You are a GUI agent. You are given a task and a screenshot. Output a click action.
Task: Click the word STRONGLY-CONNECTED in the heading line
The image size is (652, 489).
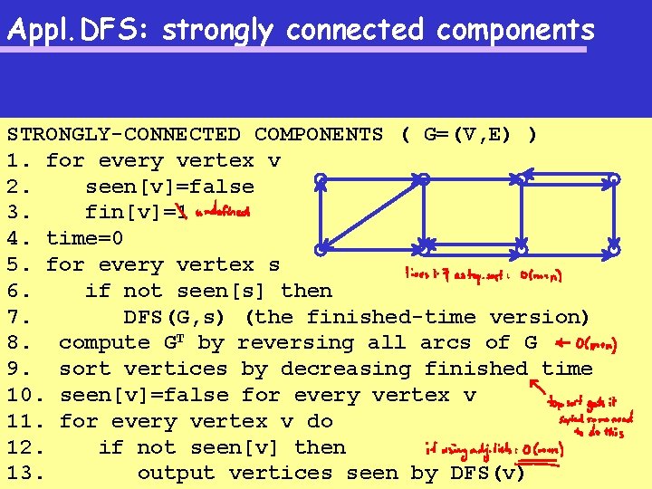(x=124, y=135)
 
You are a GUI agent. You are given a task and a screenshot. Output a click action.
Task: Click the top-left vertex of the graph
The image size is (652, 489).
(x=320, y=180)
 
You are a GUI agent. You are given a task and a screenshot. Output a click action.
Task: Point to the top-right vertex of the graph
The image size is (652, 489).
(x=614, y=180)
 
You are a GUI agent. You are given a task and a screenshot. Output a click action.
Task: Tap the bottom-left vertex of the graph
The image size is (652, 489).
(x=320, y=249)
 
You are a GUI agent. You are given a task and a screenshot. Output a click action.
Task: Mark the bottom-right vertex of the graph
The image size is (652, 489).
(x=614, y=249)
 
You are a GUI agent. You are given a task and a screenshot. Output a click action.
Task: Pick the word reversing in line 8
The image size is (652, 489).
(x=293, y=343)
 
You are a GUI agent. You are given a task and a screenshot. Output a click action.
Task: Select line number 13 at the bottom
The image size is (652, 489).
(x=23, y=474)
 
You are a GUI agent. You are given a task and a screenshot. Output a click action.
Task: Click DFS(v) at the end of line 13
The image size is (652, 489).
(x=489, y=474)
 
